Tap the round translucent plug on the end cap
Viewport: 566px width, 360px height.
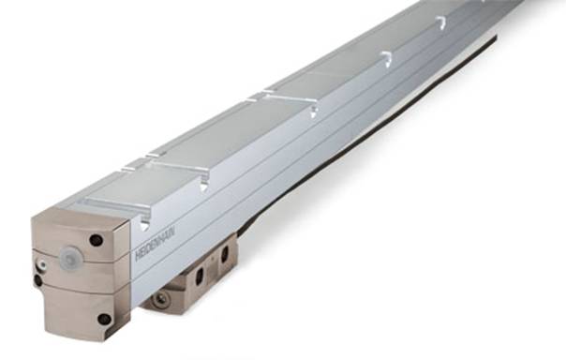pos(69,258)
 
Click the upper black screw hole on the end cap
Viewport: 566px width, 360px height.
pos(96,240)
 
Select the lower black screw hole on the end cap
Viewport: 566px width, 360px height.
pos(104,319)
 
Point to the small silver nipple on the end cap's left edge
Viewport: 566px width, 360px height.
pos(42,265)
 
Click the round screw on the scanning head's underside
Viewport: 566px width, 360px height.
pos(160,298)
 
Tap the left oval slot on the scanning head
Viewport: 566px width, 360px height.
pos(200,277)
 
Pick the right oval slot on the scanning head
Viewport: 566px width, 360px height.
pos(225,253)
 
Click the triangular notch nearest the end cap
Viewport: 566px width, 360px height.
pos(144,225)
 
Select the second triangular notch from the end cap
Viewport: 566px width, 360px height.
pos(204,187)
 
